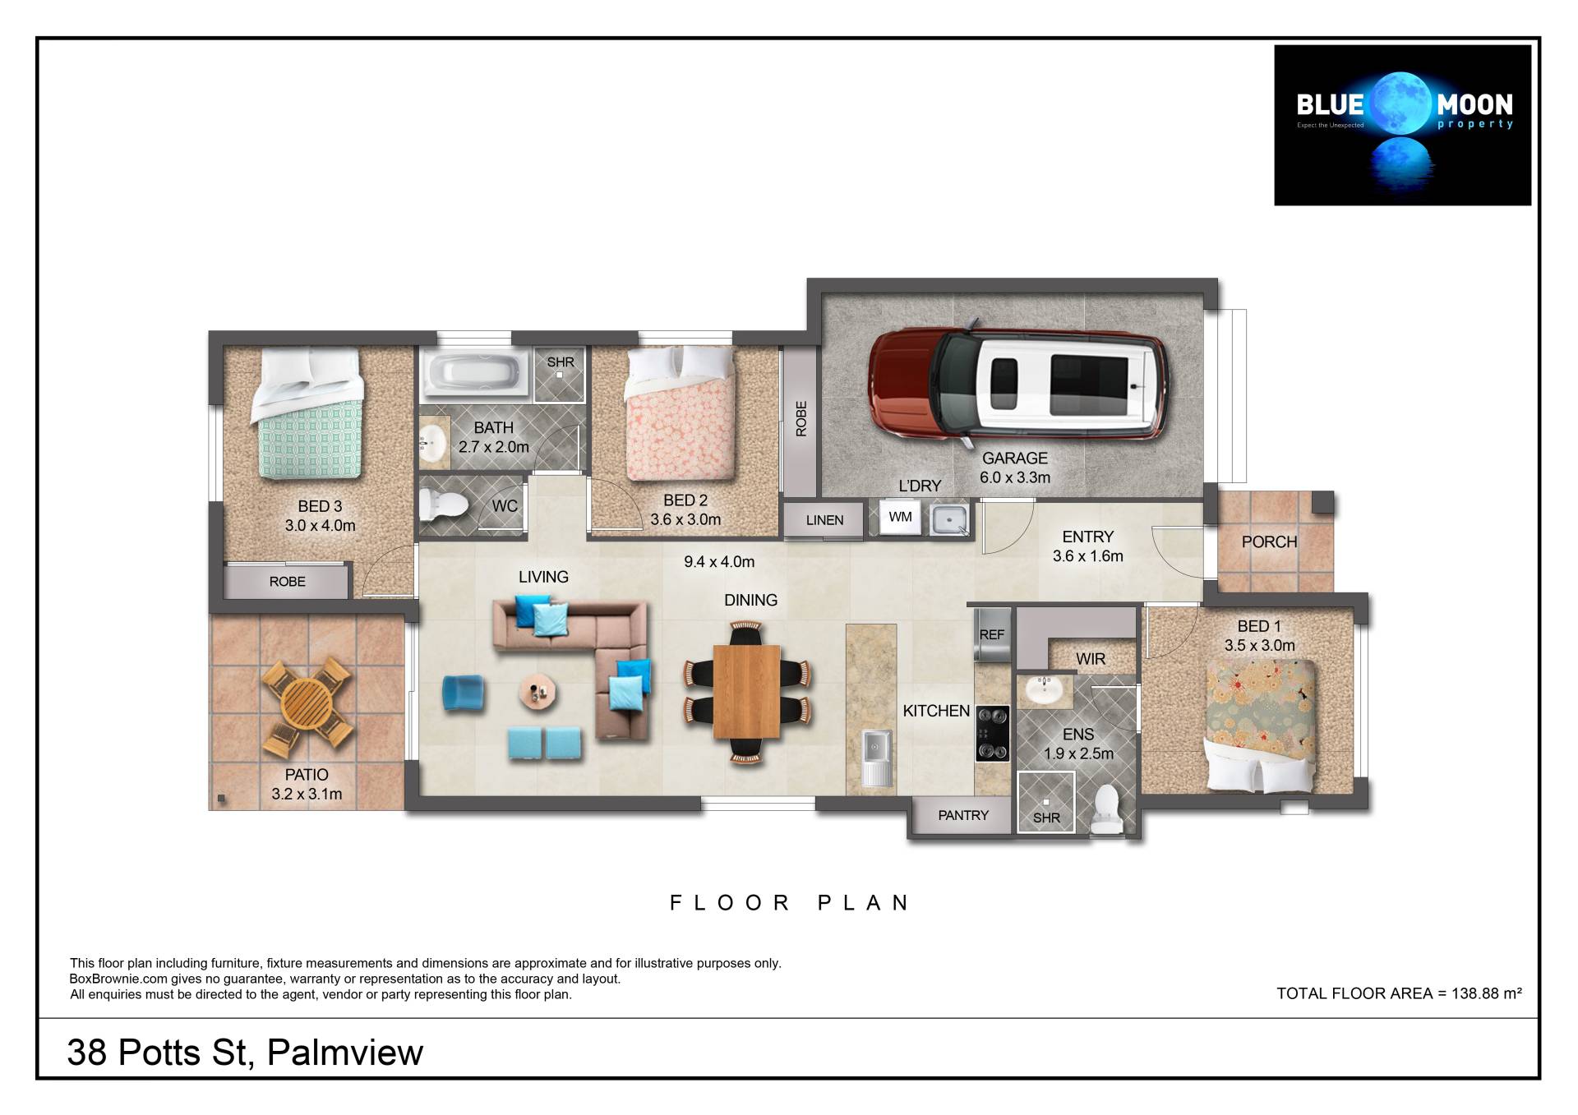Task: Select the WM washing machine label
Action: [x=900, y=517]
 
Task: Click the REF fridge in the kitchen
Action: [x=991, y=634]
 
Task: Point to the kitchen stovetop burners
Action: [x=992, y=734]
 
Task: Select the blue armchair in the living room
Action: [x=464, y=692]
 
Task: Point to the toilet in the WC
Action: [x=442, y=504]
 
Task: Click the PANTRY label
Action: [x=963, y=815]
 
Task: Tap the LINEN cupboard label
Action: [x=824, y=520]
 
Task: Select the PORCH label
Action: [x=1269, y=542]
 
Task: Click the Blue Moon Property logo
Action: [x=1402, y=125]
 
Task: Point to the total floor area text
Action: [x=1399, y=993]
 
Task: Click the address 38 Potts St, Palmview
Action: [x=245, y=1053]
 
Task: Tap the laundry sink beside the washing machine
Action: [x=949, y=519]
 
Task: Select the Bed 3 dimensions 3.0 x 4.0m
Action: [x=320, y=526]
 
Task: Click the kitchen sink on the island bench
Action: [x=877, y=758]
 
